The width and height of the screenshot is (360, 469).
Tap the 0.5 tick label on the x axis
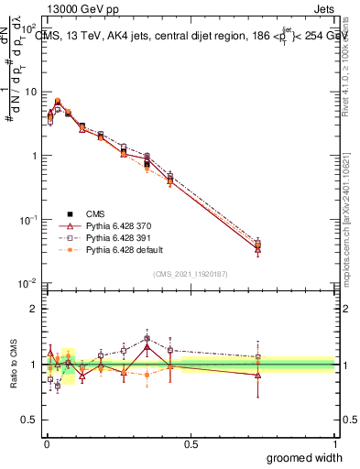point(191,442)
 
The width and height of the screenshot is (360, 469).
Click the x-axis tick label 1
point(334,442)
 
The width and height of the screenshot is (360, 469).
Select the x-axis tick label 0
point(47,442)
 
